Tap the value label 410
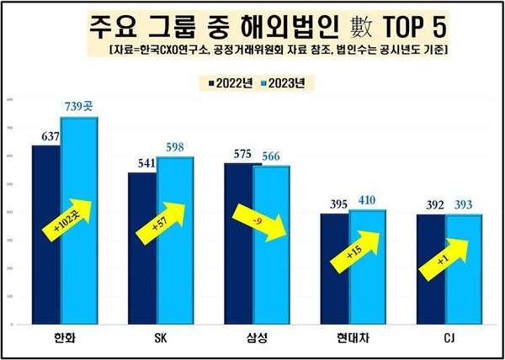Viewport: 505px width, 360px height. (366, 199)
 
